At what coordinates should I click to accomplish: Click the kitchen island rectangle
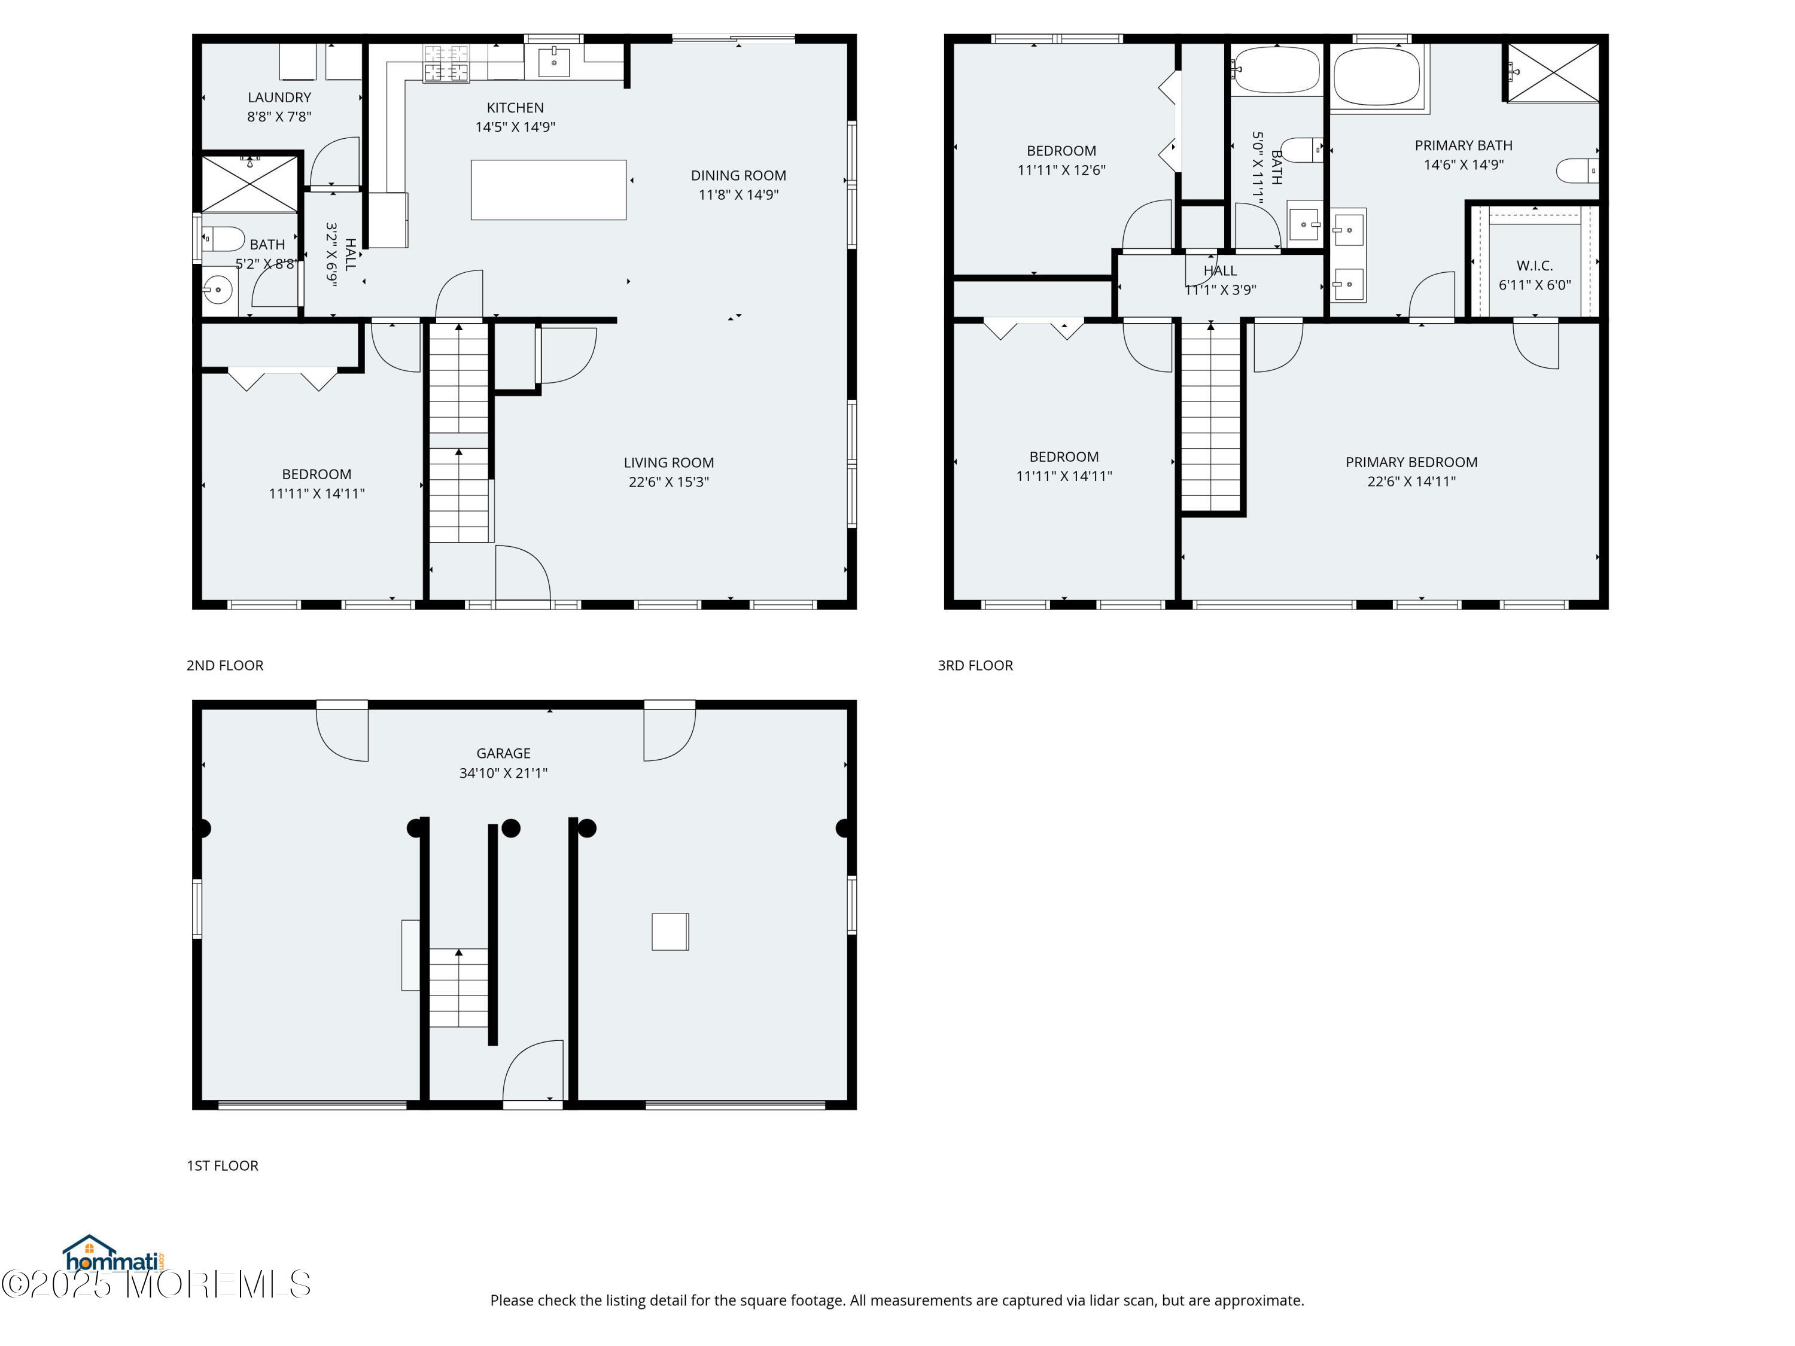pos(549,190)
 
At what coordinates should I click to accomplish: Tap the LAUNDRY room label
pos(279,98)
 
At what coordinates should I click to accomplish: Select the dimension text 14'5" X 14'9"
pos(515,127)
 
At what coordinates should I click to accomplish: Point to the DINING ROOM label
pos(738,175)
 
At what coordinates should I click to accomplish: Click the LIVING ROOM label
pos(669,462)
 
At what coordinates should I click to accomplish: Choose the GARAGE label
pos(503,753)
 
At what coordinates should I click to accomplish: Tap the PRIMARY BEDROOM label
pos(1411,462)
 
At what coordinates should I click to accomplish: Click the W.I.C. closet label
pos(1535,265)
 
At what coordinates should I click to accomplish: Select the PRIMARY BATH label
pos(1463,145)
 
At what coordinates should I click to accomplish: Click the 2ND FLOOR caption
pos(225,665)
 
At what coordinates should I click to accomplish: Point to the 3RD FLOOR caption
pos(975,665)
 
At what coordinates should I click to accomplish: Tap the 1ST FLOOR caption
pos(223,1165)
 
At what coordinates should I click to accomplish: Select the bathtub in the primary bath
pos(1377,76)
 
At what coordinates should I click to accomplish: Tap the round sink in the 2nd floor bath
pos(217,289)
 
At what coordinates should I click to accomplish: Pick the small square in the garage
pos(670,931)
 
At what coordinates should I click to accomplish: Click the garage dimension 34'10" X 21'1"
pos(503,773)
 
